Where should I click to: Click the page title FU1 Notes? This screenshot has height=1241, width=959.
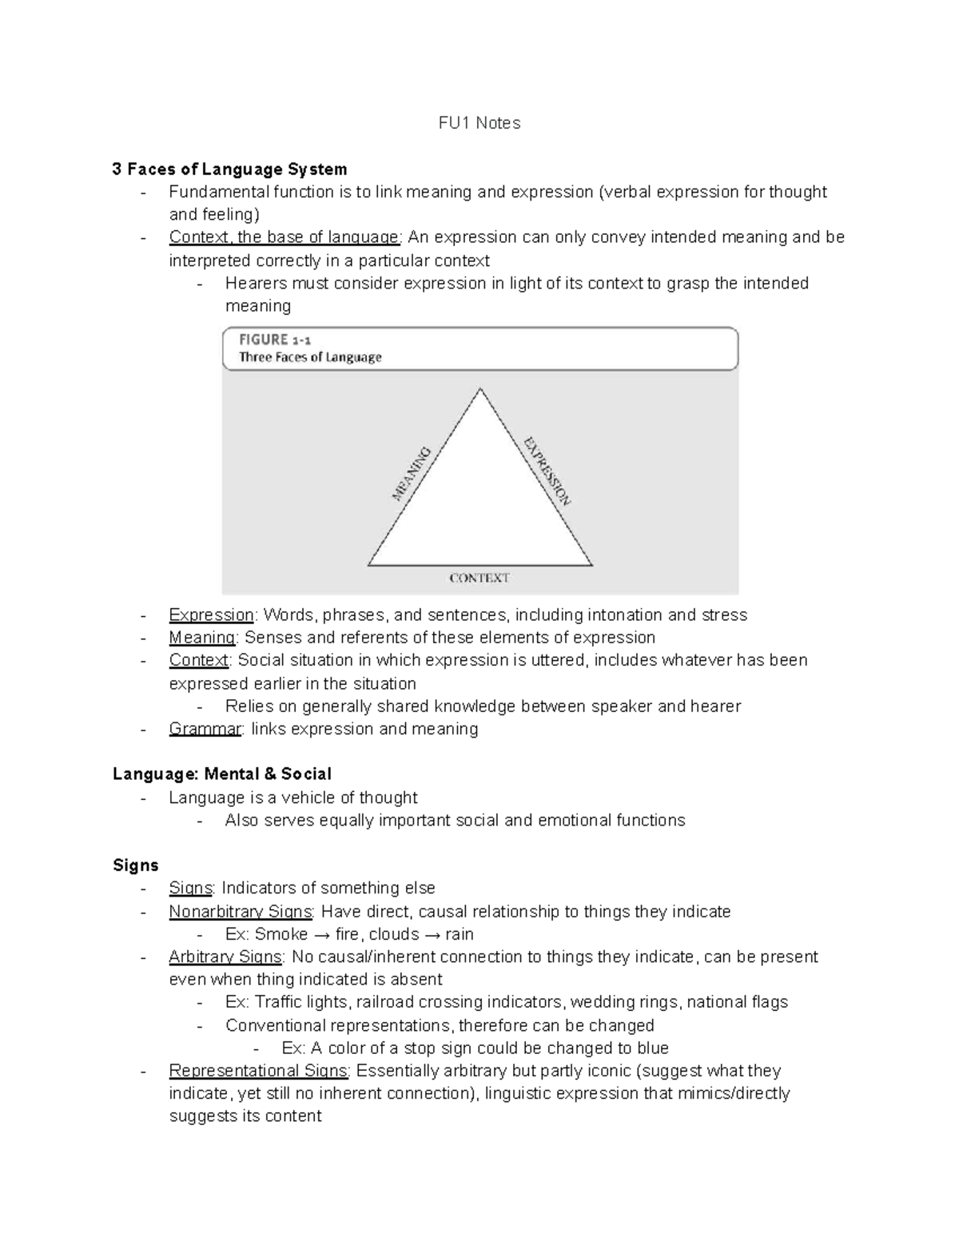[x=479, y=123]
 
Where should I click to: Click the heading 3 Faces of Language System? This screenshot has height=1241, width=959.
[x=229, y=169]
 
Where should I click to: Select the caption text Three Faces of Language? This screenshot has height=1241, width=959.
[x=310, y=358]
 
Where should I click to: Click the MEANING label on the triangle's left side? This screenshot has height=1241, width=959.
[x=412, y=473]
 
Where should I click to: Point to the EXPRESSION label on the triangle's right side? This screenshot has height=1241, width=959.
[x=547, y=471]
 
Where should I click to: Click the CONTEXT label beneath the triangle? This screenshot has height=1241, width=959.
[x=479, y=578]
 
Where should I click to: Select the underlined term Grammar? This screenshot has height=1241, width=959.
[x=205, y=729]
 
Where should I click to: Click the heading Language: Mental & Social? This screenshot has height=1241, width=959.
[x=221, y=774]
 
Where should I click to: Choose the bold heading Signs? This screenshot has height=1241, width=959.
[x=135, y=865]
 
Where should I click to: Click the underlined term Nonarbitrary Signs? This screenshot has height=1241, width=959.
[x=241, y=912]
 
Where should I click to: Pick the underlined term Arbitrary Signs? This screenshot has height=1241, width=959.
[x=225, y=957]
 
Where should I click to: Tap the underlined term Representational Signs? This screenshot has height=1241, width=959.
[x=258, y=1071]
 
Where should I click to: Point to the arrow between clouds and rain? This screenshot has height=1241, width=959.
[x=432, y=934]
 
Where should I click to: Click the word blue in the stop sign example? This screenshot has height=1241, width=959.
[x=652, y=1048]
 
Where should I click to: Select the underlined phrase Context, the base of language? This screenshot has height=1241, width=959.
[x=284, y=237]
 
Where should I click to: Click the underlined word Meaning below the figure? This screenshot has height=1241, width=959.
[x=201, y=638]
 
